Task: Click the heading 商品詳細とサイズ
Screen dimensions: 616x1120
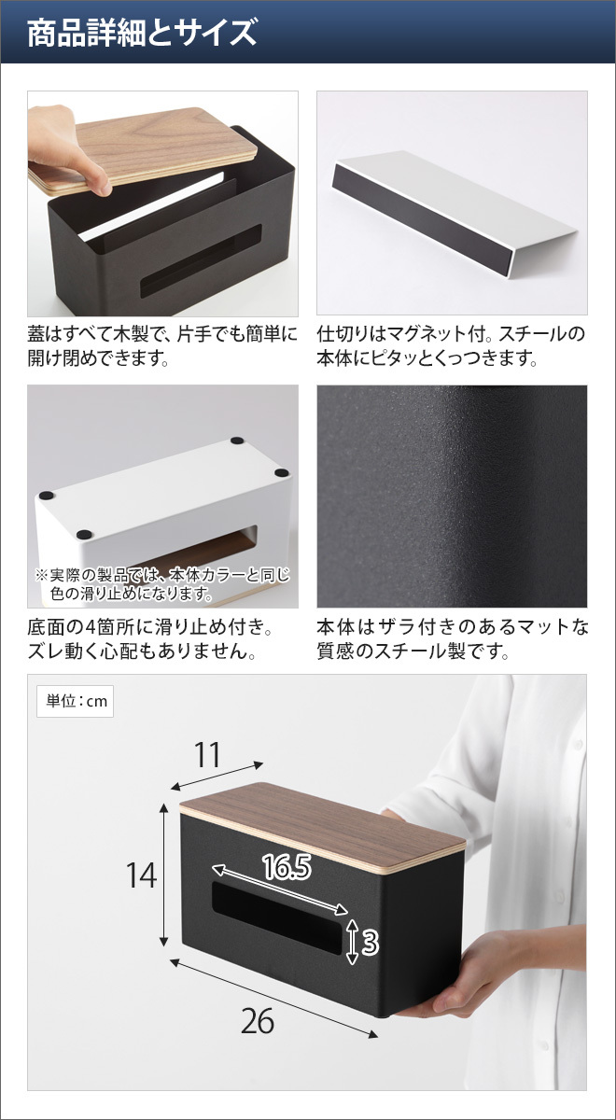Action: coord(142,33)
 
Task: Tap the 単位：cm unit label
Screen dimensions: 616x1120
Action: coord(76,701)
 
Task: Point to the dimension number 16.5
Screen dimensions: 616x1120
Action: coord(287,866)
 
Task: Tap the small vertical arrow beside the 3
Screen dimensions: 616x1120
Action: coord(352,942)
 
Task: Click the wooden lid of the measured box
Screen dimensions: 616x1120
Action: coord(323,827)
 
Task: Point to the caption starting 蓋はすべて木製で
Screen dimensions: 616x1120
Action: coord(162,346)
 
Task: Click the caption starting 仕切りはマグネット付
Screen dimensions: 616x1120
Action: coord(451,346)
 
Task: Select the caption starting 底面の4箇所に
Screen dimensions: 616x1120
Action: coord(150,639)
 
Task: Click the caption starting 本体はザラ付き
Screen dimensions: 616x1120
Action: coord(453,639)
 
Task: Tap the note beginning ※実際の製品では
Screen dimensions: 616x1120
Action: coord(162,584)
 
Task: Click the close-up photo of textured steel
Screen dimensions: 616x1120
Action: coord(452,496)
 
